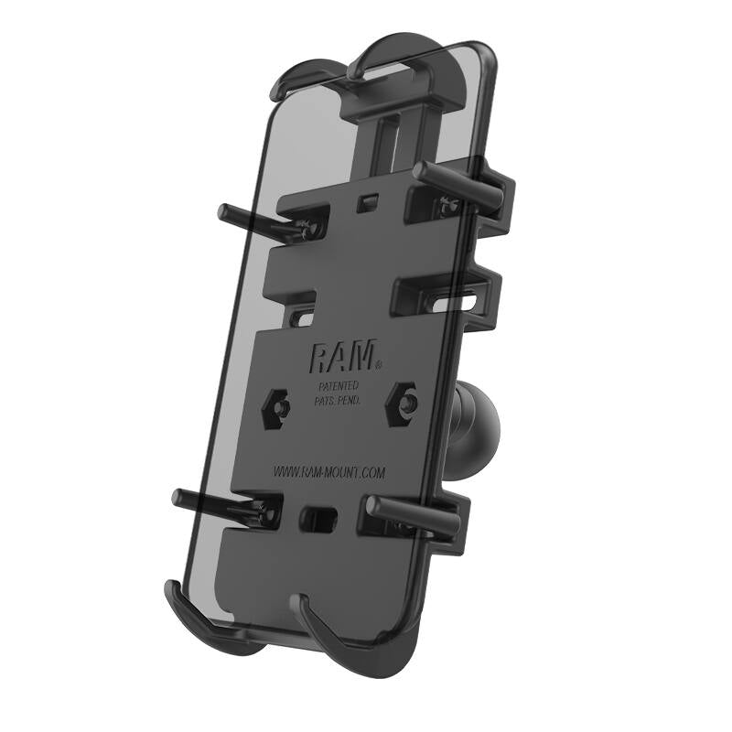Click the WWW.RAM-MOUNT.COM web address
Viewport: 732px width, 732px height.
(x=329, y=472)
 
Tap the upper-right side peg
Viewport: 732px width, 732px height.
(x=458, y=177)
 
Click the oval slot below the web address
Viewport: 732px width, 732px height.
(x=318, y=518)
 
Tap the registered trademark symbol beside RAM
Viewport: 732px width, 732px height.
(x=380, y=363)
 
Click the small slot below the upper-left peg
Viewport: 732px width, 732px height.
(x=302, y=319)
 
